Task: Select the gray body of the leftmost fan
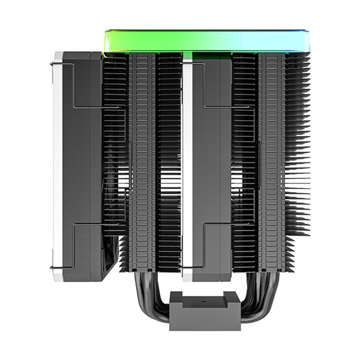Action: click(x=80, y=161)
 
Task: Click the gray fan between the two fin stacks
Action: click(x=212, y=161)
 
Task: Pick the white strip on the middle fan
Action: click(x=187, y=161)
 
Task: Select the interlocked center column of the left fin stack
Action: click(x=142, y=161)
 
